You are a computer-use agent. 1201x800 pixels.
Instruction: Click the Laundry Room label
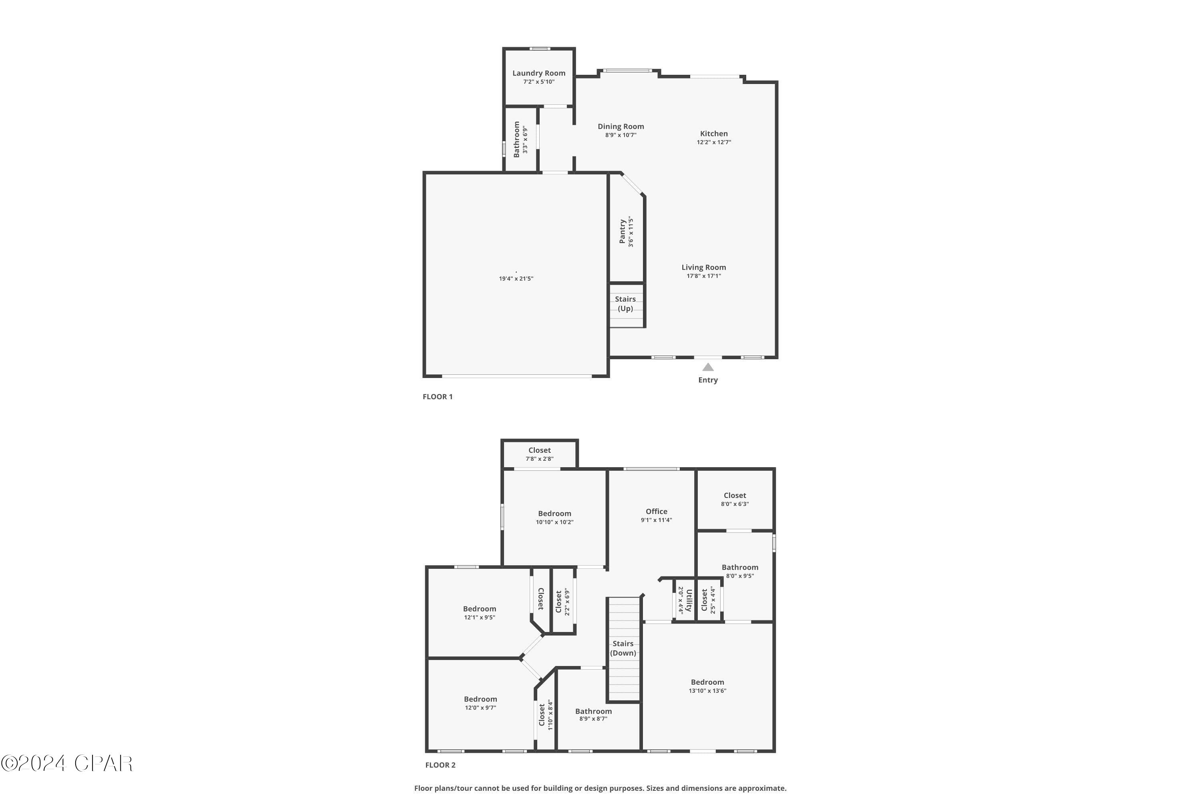539,73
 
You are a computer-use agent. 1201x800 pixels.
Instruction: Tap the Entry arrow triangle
708,367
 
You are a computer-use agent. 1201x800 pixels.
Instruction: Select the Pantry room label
623,232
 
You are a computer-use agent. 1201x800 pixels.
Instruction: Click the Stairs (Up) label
625,304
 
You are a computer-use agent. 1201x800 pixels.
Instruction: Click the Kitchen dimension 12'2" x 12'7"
714,142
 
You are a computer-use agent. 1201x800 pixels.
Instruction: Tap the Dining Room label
621,126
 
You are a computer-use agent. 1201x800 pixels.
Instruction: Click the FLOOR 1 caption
438,396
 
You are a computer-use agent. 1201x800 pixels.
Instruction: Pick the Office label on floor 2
656,511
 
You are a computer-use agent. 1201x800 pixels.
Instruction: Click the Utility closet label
688,600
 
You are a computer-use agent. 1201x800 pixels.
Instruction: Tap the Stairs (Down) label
623,648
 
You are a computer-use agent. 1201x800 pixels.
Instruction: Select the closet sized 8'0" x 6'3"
735,499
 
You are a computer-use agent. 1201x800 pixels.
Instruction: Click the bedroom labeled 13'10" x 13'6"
707,686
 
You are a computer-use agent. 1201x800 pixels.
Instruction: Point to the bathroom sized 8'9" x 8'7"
593,714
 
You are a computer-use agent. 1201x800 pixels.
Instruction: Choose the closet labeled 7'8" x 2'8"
539,454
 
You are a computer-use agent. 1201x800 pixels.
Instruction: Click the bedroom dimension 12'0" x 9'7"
480,708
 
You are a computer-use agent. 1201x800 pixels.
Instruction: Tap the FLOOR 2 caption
440,765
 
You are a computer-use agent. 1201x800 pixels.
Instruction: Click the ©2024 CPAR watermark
66,763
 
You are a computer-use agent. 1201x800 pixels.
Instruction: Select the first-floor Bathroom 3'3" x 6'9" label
516,139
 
